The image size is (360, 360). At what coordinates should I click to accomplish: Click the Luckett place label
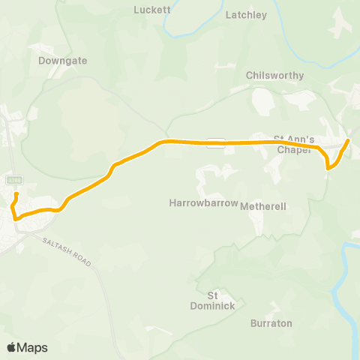tap(152, 10)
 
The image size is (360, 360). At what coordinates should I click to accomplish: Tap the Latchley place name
tap(246, 15)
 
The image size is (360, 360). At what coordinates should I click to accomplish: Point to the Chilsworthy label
tap(274, 76)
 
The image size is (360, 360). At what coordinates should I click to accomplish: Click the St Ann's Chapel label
tap(292, 144)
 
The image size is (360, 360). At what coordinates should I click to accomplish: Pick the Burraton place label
tap(271, 323)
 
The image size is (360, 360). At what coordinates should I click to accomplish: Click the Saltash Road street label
tap(67, 250)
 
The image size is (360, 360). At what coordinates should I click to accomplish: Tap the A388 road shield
tap(14, 180)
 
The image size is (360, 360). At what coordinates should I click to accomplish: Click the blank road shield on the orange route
tap(216, 142)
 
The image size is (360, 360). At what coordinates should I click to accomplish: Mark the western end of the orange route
tap(16, 194)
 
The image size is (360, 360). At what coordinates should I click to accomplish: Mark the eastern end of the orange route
tap(349, 139)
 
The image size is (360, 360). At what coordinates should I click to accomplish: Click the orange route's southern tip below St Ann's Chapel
tap(328, 169)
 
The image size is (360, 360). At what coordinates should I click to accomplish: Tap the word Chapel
tap(292, 149)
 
